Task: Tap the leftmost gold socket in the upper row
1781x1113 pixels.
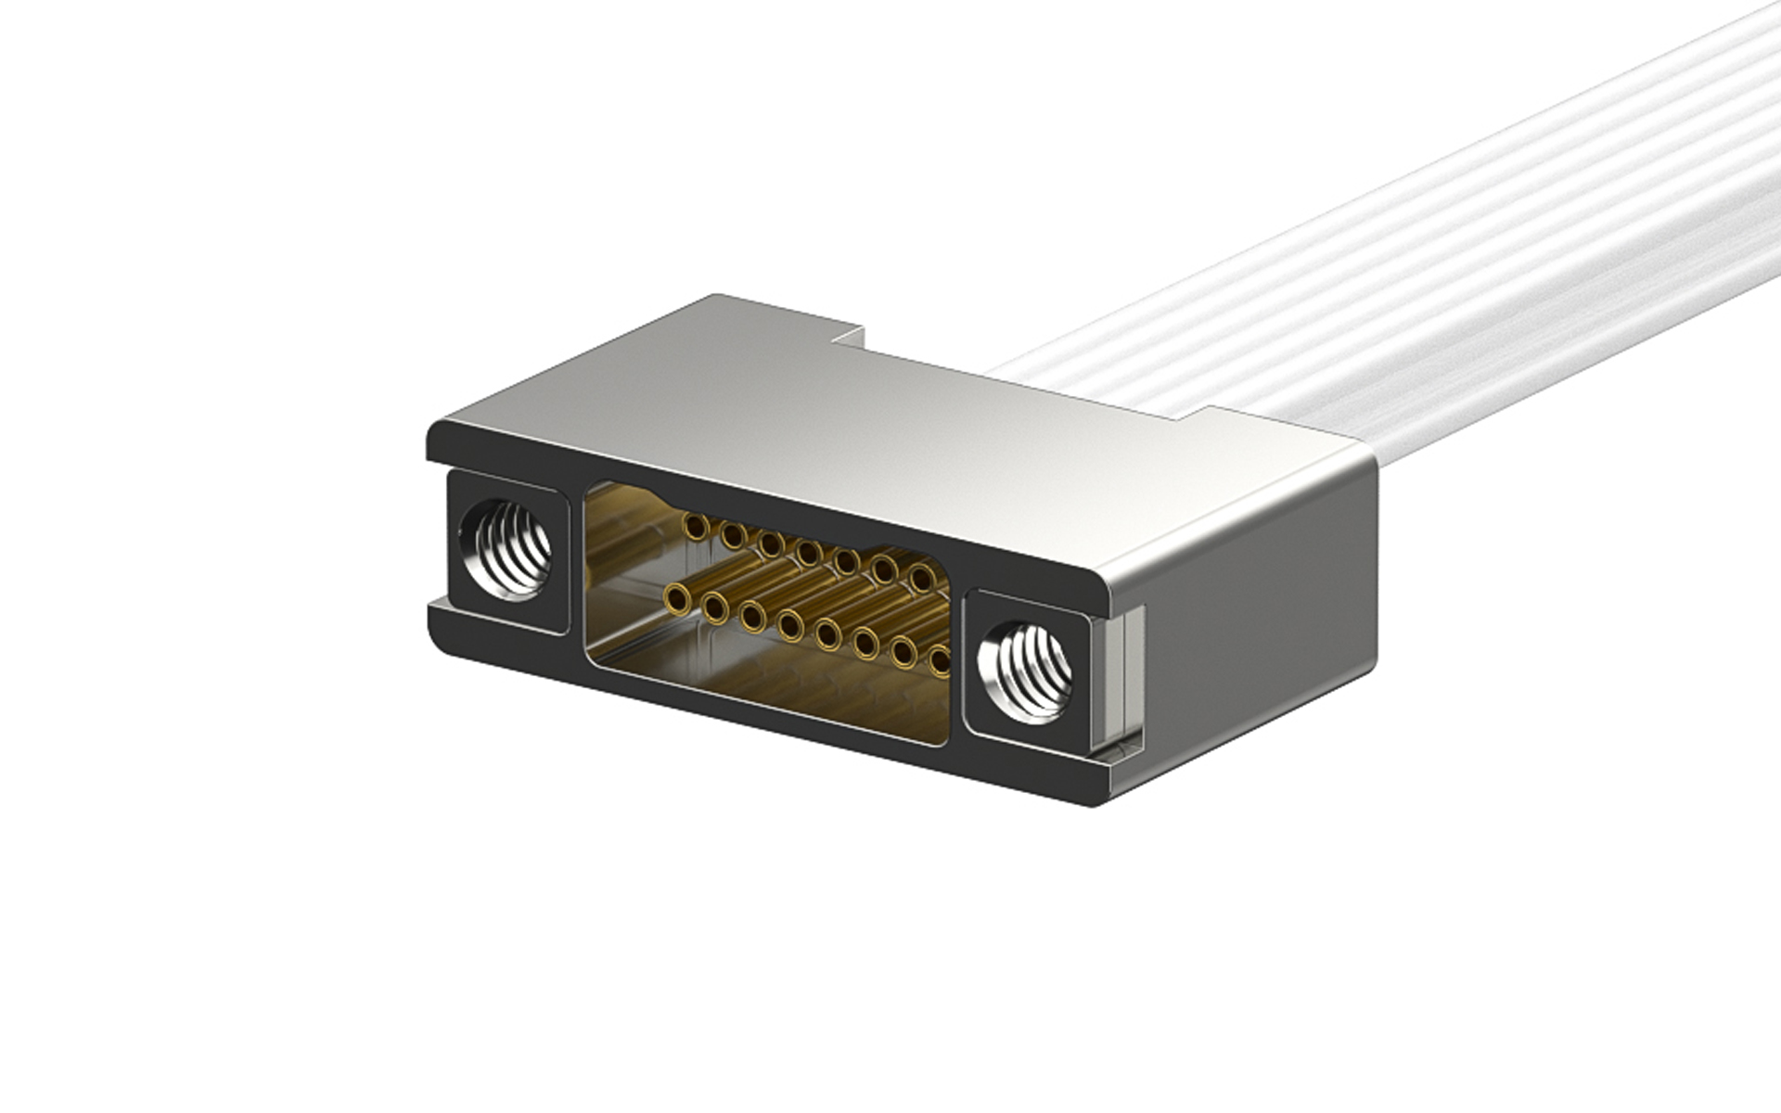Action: [x=693, y=527]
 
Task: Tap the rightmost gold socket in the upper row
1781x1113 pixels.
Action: [x=920, y=578]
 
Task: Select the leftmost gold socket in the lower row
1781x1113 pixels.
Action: [x=677, y=601]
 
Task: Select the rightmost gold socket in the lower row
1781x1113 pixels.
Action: [x=940, y=660]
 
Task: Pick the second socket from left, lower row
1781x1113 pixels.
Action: [x=714, y=608]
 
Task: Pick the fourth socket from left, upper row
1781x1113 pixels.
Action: [x=808, y=553]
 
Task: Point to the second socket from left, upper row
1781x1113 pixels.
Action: [x=732, y=535]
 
